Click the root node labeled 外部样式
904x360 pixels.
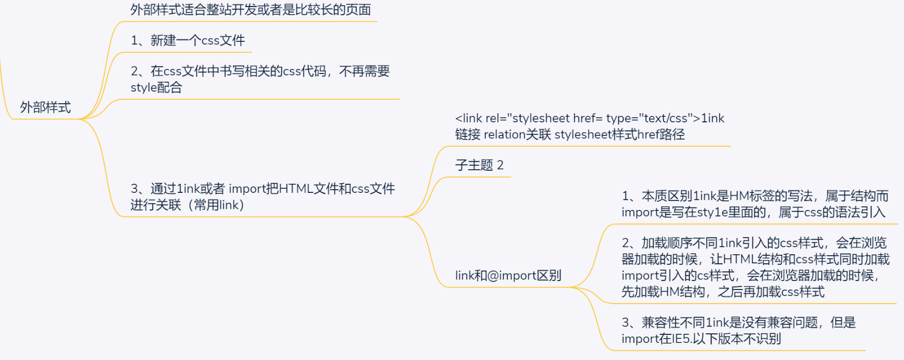point(45,107)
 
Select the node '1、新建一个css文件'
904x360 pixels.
point(187,40)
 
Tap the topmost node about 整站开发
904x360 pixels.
point(250,10)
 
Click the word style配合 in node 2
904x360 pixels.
point(156,88)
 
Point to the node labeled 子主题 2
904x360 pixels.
point(479,165)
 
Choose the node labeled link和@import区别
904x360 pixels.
point(508,275)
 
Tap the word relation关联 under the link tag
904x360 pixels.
point(517,134)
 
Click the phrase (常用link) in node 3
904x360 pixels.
point(212,205)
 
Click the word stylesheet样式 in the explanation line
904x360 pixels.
point(595,134)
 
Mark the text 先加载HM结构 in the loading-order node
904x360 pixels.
point(663,292)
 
